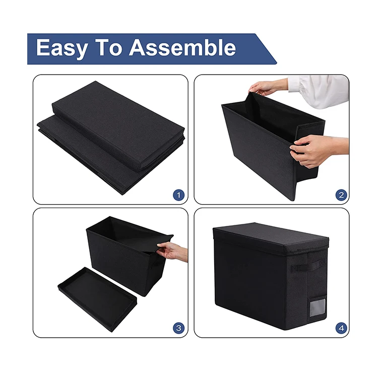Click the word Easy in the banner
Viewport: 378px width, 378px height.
tap(61, 48)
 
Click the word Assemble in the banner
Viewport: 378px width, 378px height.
tap(182, 48)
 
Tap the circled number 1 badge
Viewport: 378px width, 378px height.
tap(178, 195)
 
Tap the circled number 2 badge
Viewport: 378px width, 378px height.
tap(341, 195)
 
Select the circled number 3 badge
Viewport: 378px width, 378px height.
tap(178, 328)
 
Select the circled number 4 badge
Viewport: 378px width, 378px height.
tap(341, 328)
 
